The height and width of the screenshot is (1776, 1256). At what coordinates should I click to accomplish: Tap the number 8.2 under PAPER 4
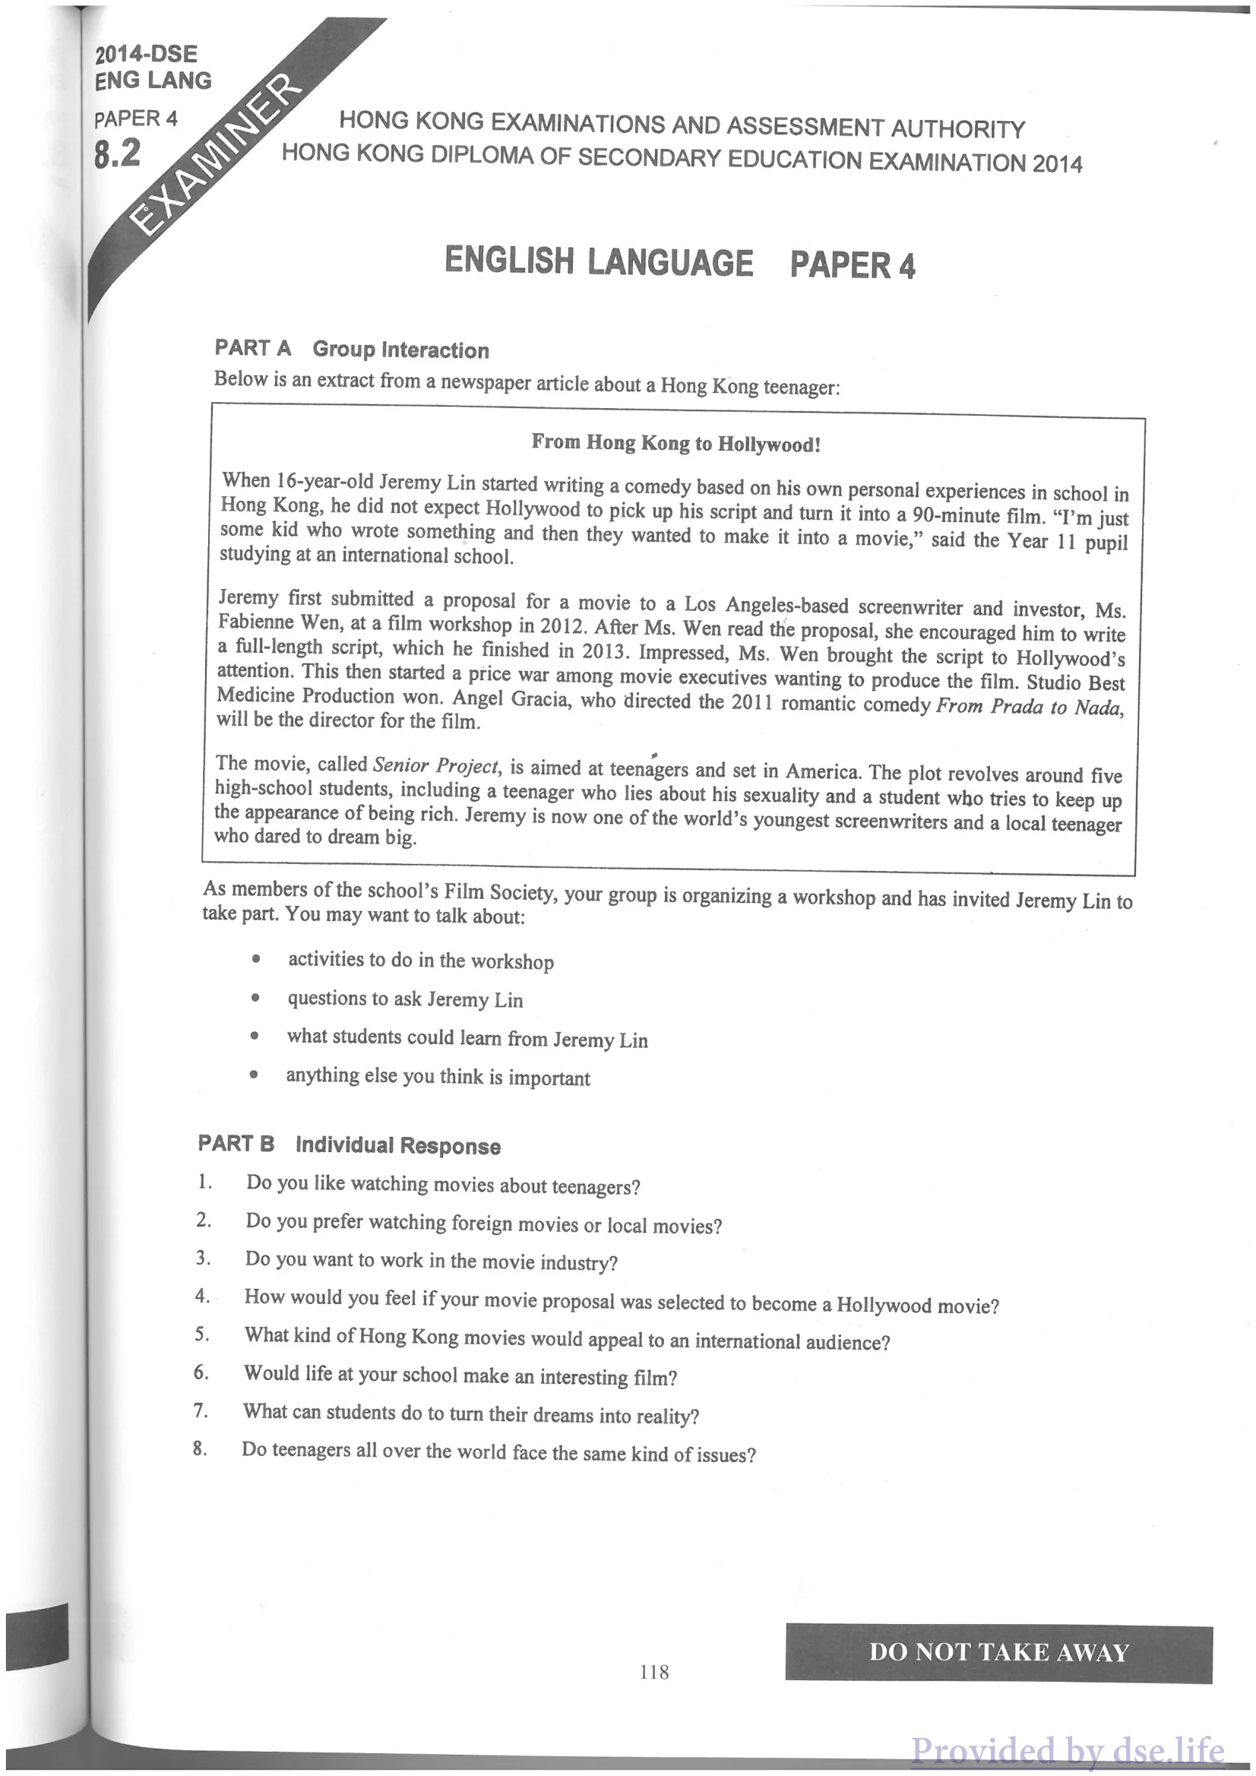118,153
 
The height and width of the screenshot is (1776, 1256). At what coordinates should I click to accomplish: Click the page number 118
654,1672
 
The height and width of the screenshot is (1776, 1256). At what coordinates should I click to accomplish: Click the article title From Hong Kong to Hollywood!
675,443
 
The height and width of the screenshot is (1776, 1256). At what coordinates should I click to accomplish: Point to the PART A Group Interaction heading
352,349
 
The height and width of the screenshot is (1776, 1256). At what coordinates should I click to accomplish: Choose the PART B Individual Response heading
349,1144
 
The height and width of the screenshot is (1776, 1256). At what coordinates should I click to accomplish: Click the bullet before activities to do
256,959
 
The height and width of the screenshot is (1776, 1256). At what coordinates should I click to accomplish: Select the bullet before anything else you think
254,1075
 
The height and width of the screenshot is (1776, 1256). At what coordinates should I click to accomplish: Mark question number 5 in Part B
202,1334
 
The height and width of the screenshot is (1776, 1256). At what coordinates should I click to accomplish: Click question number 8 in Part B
200,1448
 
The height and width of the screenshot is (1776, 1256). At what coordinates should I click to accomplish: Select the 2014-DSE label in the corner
146,53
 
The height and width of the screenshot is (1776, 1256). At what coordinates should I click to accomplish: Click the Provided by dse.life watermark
1068,1749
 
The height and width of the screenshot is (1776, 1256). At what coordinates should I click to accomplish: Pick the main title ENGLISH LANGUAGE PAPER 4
680,262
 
